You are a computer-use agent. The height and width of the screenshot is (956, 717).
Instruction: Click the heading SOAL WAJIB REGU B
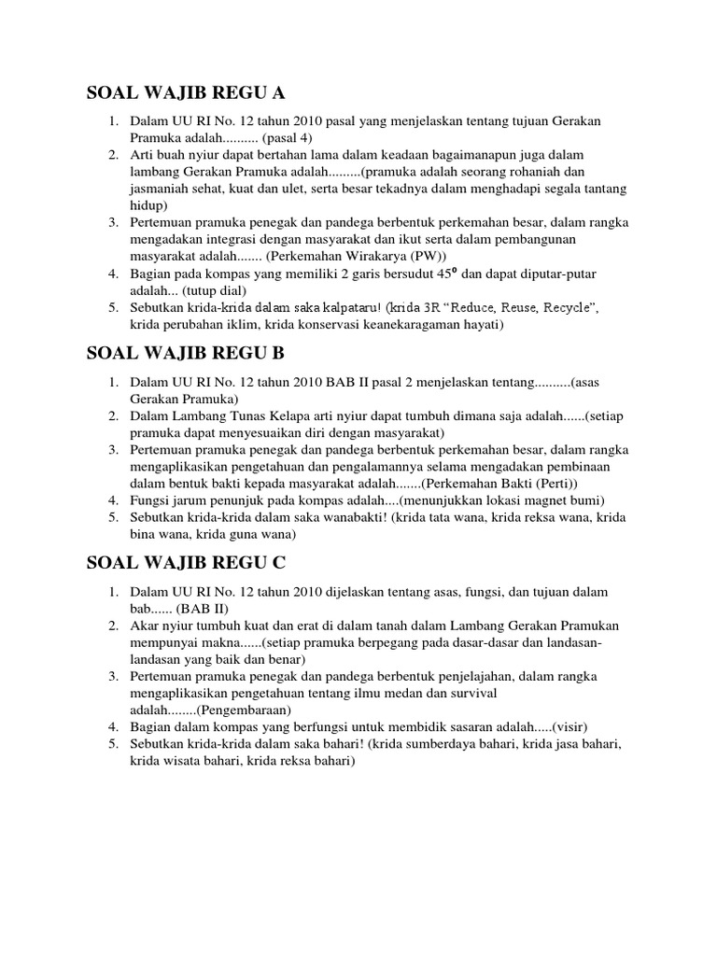tap(185, 353)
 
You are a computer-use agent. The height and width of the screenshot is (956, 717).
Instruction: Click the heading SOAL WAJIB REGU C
tap(185, 563)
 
